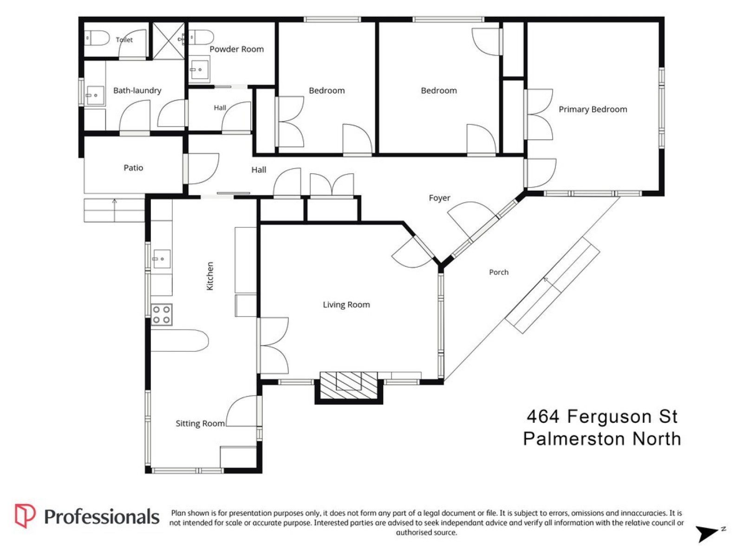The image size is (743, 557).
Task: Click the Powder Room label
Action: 236,49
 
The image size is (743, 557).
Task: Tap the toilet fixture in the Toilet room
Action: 97,38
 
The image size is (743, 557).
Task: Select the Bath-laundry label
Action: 137,91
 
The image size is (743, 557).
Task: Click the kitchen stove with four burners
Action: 161,315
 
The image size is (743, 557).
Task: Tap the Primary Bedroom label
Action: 593,110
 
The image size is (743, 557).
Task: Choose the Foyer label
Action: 439,198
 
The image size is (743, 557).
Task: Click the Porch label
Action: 499,272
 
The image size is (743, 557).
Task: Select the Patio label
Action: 133,168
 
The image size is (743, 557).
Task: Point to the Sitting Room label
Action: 200,423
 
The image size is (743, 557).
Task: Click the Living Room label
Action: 346,304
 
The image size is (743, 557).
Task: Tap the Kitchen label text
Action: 210,276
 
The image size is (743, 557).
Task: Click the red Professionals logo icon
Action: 25,516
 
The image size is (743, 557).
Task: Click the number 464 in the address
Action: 543,416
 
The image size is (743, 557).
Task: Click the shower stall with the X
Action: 168,41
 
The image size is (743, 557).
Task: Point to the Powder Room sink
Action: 199,69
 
